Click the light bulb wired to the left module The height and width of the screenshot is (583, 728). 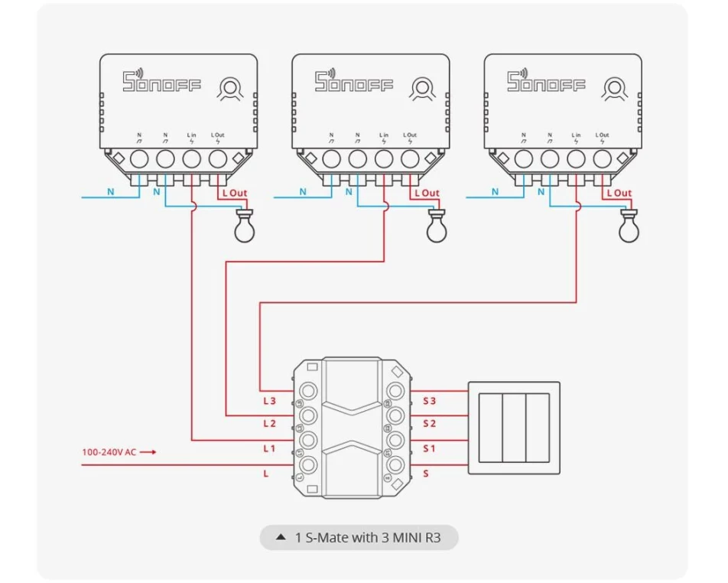245,226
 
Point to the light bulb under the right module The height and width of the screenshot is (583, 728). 629,226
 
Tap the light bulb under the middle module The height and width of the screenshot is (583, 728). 437,226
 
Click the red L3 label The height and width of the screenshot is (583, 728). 269,401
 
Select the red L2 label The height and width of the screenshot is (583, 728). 269,424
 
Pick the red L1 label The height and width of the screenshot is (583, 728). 269,449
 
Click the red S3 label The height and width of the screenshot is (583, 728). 430,401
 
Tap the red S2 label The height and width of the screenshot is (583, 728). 430,424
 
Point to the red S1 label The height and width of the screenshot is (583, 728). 430,449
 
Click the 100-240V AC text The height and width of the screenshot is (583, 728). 109,452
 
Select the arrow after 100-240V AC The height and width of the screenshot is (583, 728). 148,452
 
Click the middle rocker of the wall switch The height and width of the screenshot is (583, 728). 514,428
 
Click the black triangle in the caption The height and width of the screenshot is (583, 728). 281,537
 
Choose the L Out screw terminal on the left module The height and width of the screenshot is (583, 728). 218,159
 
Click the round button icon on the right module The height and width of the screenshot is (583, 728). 615,89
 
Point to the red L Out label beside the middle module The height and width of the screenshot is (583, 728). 427,193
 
